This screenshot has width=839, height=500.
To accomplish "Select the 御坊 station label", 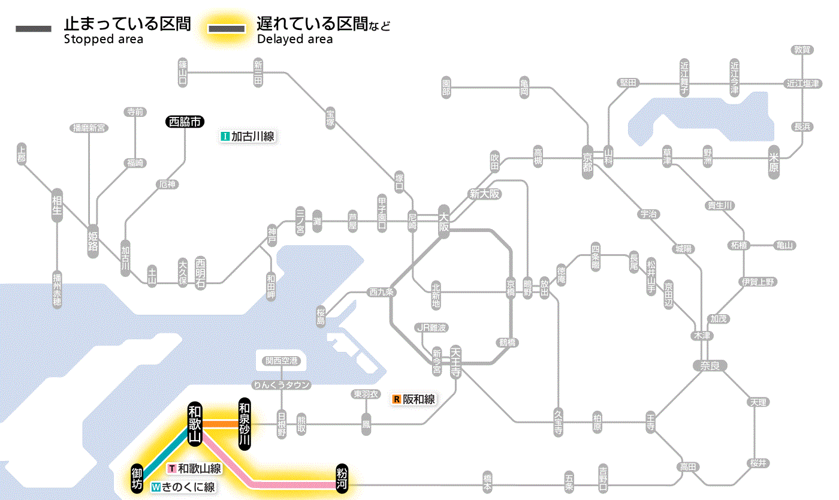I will point(137,478).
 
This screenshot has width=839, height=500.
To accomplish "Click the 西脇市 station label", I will point(185,122).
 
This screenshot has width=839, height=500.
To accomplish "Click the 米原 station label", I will point(775,162).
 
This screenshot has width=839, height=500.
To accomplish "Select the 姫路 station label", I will point(93,239).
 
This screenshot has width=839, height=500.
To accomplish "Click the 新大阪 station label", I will point(484,194).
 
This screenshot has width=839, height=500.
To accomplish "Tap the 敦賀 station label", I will point(802,50).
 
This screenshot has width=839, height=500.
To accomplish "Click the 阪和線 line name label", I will point(419,399).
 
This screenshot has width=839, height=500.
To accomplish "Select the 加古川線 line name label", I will point(252,137).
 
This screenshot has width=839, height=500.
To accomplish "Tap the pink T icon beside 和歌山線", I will point(173,468).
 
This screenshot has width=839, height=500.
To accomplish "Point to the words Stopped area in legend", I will point(104,40).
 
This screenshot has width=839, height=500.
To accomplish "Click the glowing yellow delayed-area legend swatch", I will point(226,29).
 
